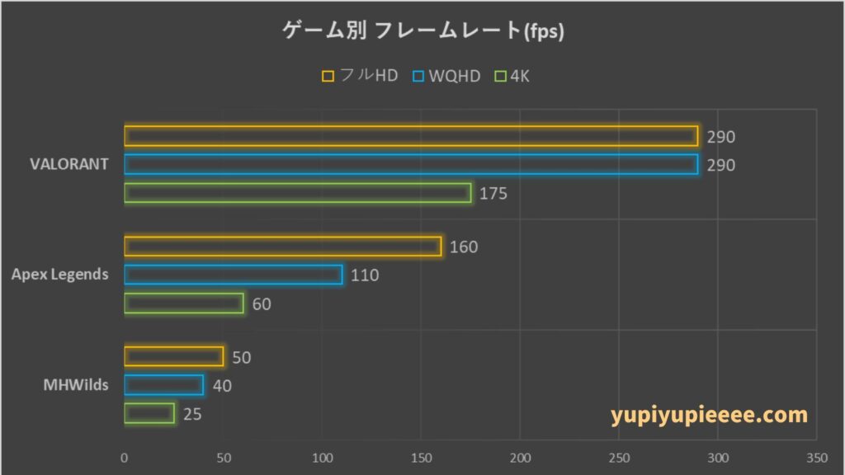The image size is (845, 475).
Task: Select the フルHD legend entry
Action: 360,76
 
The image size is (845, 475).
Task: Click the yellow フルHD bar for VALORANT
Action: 411,136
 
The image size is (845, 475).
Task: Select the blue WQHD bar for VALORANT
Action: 411,164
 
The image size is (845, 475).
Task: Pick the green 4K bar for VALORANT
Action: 297,193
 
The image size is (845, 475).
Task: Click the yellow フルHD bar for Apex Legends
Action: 282,247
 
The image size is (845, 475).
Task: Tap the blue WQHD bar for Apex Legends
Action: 233,275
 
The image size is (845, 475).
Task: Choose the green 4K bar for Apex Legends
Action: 183,303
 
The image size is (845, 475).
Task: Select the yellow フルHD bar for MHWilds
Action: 173,357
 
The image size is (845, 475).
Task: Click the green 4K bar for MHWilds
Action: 149,413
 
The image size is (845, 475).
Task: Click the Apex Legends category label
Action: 59,275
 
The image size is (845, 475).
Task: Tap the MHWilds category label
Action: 76,385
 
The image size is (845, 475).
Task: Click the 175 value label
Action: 493,194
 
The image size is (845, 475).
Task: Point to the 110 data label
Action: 365,275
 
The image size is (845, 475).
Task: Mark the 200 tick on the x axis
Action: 520,458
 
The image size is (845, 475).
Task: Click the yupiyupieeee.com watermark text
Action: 710,415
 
